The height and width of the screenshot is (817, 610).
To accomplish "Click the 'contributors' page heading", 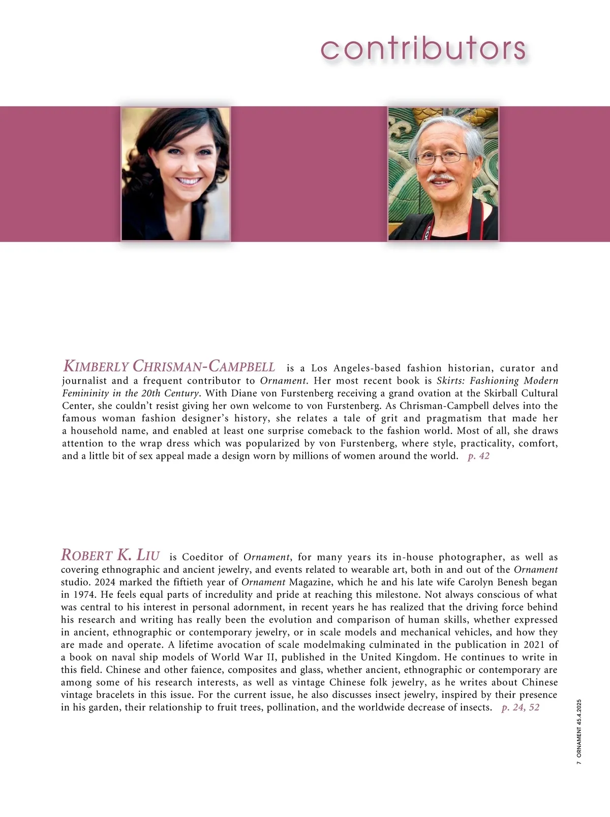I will [423, 49].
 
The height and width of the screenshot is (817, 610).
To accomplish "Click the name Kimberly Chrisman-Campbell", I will [169, 366].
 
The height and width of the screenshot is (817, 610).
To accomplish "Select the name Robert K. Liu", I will [110, 555].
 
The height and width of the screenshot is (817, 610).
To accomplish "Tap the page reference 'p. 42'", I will [478, 456].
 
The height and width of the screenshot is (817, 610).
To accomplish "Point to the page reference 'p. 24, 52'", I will [520, 707].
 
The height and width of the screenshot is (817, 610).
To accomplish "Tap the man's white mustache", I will [440, 179].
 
